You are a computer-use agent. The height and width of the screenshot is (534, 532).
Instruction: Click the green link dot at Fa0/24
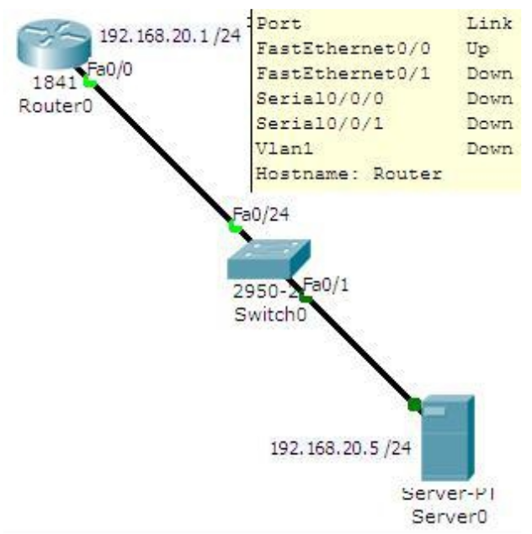coord(235,226)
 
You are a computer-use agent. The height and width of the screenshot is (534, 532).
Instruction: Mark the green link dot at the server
coord(414,405)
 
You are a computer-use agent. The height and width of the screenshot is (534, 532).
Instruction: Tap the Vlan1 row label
coord(284,149)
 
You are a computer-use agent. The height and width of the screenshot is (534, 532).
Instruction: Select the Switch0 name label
coord(271,317)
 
